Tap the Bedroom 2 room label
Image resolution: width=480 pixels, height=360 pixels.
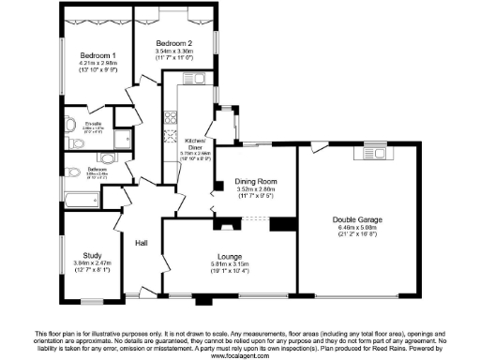tap(173, 44)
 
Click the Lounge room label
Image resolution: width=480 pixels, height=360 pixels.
tap(228, 255)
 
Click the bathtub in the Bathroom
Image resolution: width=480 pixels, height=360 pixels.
tap(84, 200)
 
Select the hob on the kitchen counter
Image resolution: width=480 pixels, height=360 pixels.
tap(172, 118)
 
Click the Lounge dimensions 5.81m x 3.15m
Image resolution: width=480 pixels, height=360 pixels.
tap(228, 264)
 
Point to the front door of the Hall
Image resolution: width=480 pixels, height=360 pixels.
tap(143, 292)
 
